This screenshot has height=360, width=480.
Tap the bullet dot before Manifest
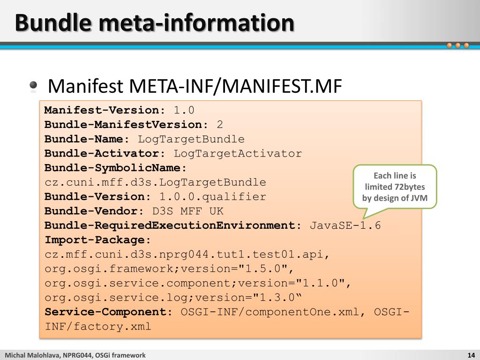click(x=33, y=86)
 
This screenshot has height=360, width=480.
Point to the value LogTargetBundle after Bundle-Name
click(x=191, y=139)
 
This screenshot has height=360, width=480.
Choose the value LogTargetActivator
click(x=238, y=154)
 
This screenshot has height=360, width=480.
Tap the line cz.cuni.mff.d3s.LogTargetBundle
click(x=155, y=182)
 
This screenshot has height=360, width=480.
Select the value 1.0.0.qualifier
click(x=213, y=197)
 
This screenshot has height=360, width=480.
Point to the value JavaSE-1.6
click(x=345, y=225)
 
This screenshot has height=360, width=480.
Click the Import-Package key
click(x=98, y=240)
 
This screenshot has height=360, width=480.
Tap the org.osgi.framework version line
click(x=169, y=269)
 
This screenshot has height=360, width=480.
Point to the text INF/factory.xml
click(x=98, y=327)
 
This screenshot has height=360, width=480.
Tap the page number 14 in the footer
click(x=471, y=355)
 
